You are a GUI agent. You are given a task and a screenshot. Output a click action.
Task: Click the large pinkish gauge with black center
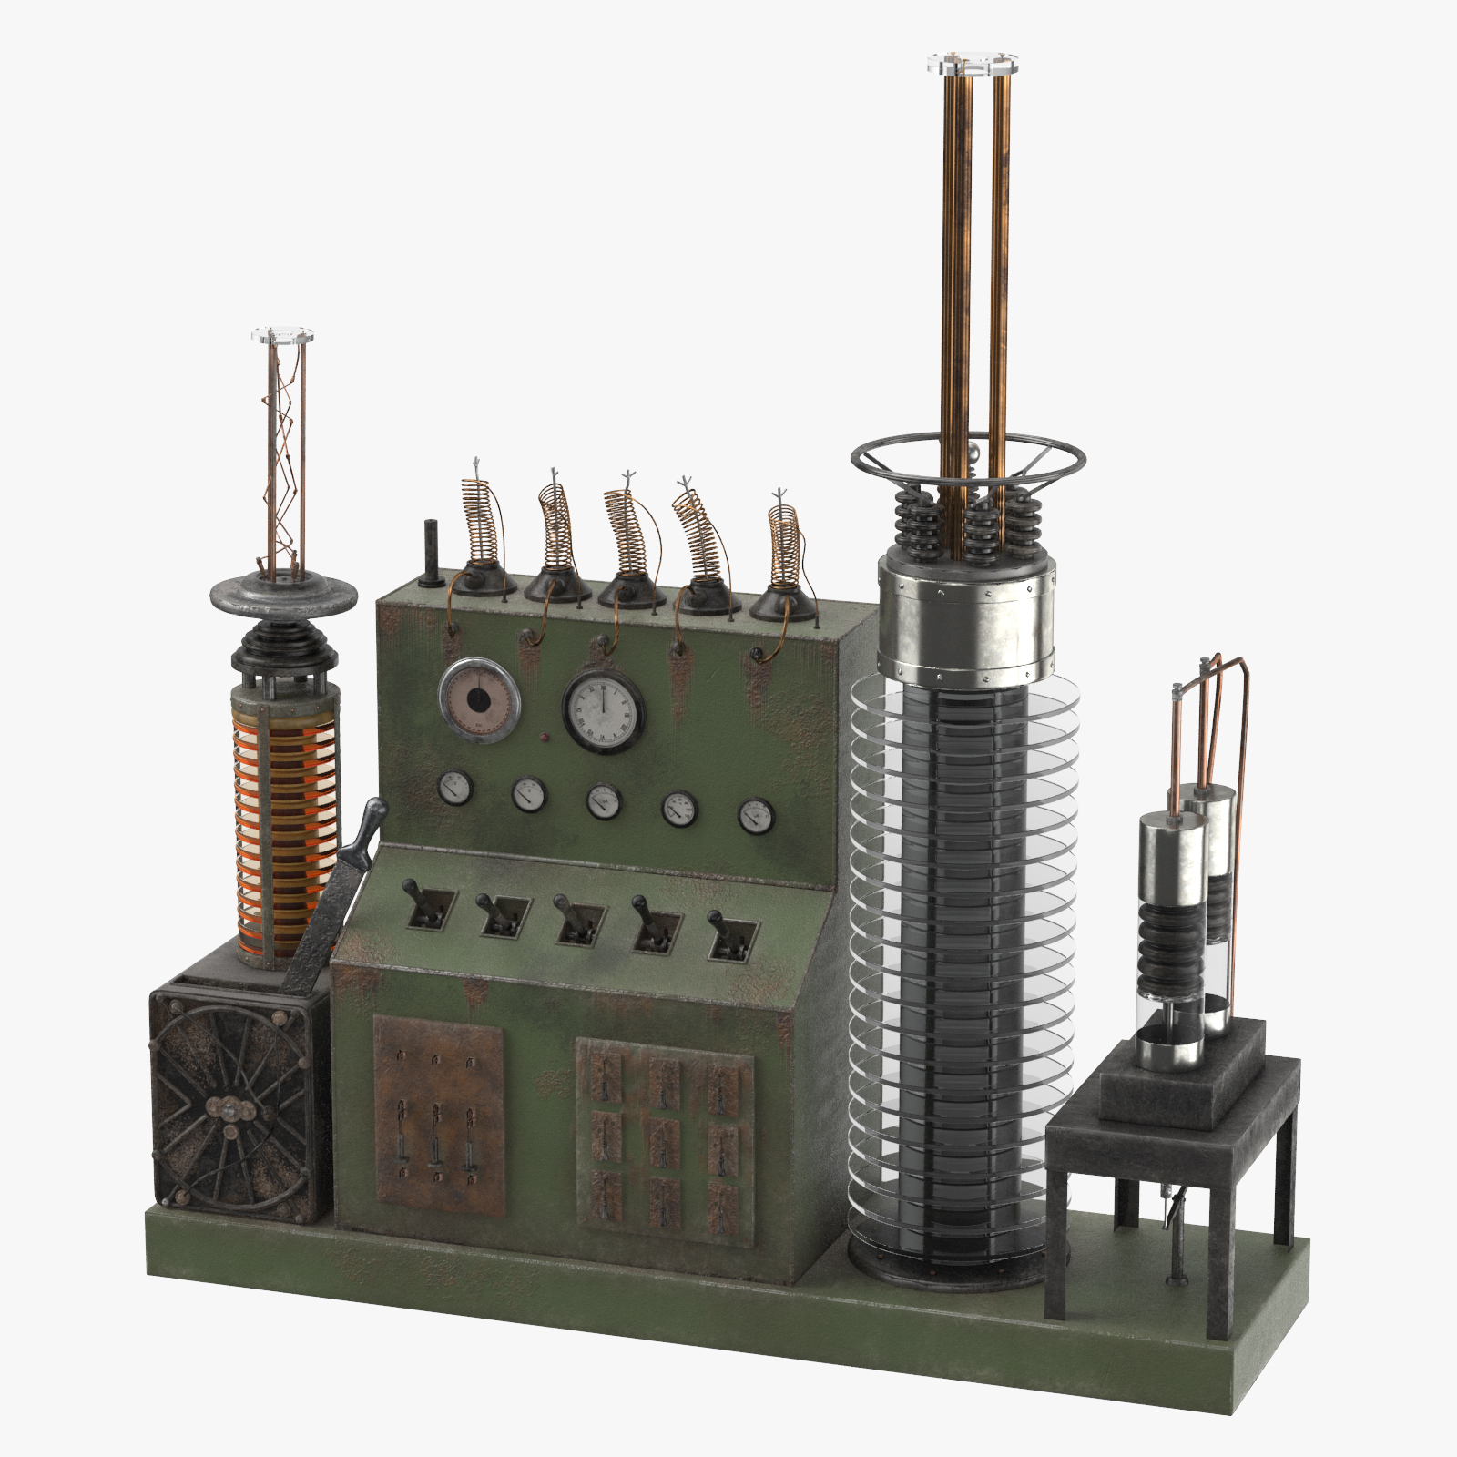(x=479, y=699)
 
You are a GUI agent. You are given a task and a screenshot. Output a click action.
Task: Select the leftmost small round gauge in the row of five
(x=454, y=789)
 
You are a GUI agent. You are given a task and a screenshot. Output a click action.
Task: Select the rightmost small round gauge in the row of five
(x=756, y=816)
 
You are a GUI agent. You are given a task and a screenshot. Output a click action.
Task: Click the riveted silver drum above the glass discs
(x=967, y=619)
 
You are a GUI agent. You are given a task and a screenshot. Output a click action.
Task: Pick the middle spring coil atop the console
(x=628, y=537)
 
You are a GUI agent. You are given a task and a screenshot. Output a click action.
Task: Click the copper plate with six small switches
(x=438, y=1115)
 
